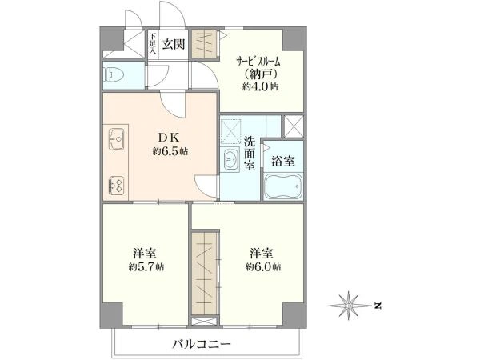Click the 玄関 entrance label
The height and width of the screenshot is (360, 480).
coord(174,44)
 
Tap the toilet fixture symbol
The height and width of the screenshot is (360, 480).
coord(114,74)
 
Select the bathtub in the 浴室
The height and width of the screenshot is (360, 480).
coord(283,186)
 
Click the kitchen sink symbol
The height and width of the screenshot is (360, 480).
coord(116,139)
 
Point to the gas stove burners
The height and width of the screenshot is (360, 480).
coord(116,186)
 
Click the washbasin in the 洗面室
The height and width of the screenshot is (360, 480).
coord(231,158)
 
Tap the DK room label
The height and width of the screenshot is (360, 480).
coord(168,138)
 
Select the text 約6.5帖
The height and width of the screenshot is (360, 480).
coord(170,151)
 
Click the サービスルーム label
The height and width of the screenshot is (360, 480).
coord(258,62)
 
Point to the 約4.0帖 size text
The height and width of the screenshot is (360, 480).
coord(260,86)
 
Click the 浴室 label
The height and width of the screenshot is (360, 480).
coord(283,161)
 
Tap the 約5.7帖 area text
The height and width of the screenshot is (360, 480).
coord(146,267)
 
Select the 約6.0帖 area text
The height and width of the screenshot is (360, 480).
coord(262,267)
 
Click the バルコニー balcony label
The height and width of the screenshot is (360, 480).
coord(201,345)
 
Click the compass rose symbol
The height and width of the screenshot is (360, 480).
coord(348,306)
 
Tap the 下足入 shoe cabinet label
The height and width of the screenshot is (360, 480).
coord(153,43)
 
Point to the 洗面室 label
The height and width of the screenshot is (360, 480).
coord(250,153)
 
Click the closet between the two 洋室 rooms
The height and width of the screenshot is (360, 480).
coord(204,273)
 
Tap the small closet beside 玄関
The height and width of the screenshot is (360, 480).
coord(205,43)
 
